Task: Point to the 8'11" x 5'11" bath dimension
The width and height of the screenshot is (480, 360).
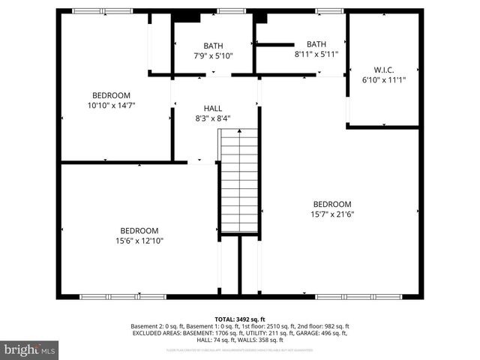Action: (316, 54)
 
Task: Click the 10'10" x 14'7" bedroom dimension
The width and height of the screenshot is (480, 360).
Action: (111, 106)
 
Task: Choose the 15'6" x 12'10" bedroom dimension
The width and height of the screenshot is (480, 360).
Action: (139, 241)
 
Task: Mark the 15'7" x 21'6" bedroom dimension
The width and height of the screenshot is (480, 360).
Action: (332, 214)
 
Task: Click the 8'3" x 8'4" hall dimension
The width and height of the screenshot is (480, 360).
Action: (212, 118)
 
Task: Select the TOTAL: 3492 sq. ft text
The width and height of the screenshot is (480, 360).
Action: (240, 319)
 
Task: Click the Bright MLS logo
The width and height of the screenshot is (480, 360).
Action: (30, 349)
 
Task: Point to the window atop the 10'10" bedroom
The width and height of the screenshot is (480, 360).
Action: (102, 11)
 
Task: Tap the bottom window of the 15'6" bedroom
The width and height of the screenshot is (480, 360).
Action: (123, 297)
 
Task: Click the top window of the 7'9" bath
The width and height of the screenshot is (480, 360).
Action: (231, 11)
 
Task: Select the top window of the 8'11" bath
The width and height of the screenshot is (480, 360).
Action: (328, 11)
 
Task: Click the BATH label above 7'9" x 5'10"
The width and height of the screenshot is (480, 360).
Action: (214, 46)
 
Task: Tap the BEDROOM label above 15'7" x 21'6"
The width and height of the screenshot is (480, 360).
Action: (332, 204)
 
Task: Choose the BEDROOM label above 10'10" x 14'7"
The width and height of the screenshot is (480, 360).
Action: (111, 95)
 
